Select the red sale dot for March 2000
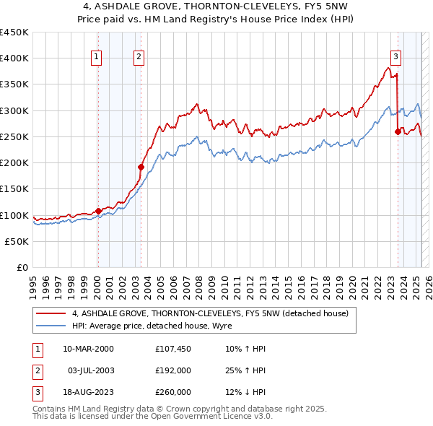point(98,212)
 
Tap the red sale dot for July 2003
point(141,167)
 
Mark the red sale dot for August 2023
point(398,131)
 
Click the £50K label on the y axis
point(17,241)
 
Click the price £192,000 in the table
point(172,370)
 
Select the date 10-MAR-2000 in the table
point(89,349)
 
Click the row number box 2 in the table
point(36,370)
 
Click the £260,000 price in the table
point(172,392)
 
